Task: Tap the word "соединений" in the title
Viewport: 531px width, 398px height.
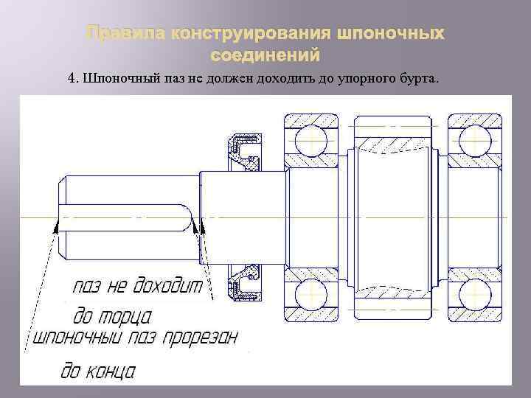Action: pyautogui.click(x=265, y=55)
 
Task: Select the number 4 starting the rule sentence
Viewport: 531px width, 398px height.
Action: pyautogui.click(x=71, y=78)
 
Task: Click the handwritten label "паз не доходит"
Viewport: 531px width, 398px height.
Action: pyautogui.click(x=137, y=287)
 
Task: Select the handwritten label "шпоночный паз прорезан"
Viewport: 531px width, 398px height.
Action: pyautogui.click(x=133, y=341)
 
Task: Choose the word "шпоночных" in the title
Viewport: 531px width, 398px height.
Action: pyautogui.click(x=392, y=34)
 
